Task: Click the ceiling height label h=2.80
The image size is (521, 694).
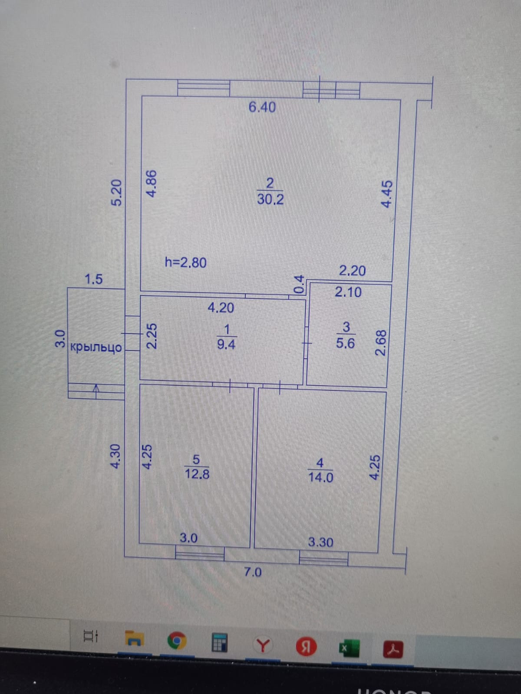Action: [186, 262]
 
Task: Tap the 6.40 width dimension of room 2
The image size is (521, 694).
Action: [262, 107]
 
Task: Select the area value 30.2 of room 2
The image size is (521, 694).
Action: [270, 199]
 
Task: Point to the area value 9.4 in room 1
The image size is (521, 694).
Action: [226, 344]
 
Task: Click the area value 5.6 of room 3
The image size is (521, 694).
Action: [346, 343]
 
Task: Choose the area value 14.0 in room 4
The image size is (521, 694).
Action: [320, 477]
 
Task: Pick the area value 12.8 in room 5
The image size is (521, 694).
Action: [197, 473]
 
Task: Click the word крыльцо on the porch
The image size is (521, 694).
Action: [96, 347]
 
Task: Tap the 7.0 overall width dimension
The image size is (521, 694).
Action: [253, 572]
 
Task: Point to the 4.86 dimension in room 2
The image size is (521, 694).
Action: [152, 184]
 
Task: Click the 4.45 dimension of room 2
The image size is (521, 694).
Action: [386, 194]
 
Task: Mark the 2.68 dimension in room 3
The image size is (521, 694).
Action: [380, 343]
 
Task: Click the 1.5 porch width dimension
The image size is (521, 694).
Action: [94, 279]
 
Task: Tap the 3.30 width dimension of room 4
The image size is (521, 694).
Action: [320, 542]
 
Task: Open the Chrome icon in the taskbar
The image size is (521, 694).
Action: [176, 641]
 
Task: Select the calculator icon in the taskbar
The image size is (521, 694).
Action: [220, 642]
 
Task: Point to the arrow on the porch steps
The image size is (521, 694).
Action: [97, 389]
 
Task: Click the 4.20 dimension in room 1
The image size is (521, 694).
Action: [221, 308]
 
